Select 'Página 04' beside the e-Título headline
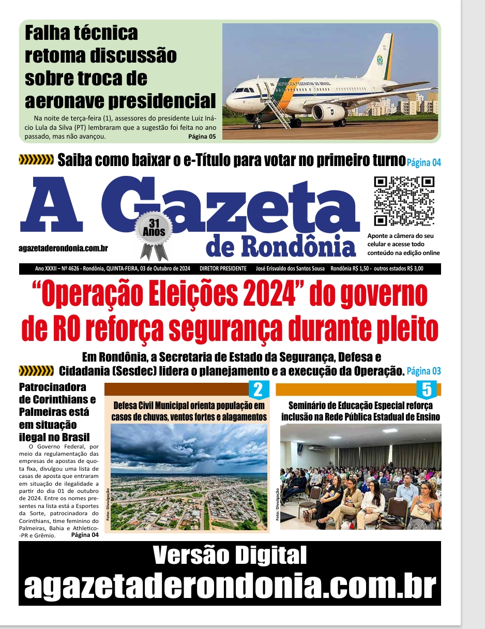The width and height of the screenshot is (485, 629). (423, 162)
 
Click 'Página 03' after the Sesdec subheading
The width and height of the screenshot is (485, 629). (423, 371)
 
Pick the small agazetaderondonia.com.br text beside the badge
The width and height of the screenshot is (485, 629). (63, 249)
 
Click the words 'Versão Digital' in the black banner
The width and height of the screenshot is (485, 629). (230, 556)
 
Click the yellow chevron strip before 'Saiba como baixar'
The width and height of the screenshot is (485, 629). (36, 159)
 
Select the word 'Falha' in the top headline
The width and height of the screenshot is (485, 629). (49, 33)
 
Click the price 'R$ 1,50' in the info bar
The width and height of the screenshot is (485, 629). (357, 268)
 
